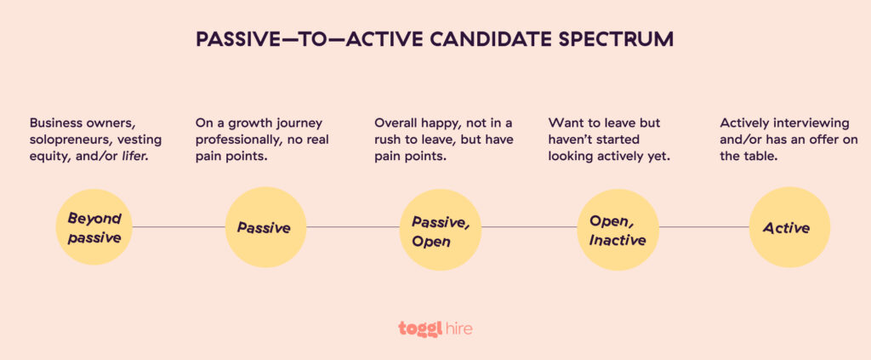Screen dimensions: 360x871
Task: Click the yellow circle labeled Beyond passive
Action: click(94, 227)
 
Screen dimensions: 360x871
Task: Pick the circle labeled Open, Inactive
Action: click(617, 227)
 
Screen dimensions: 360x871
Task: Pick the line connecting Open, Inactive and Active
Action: click(703, 227)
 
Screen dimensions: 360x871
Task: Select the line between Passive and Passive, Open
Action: click(353, 227)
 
